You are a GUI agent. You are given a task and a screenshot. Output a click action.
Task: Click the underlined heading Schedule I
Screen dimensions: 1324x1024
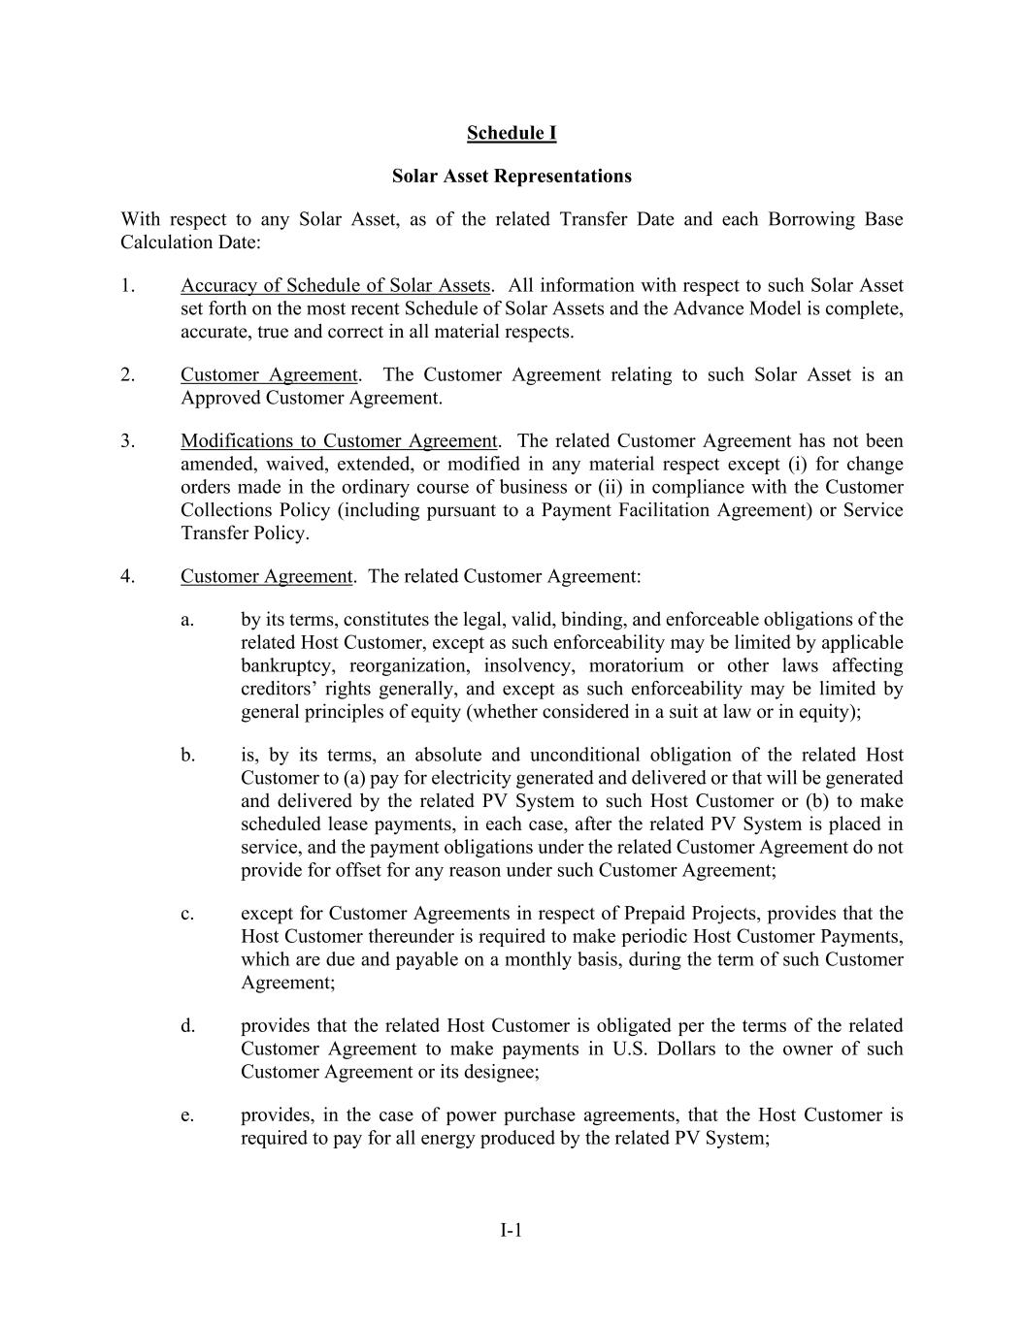click(x=512, y=133)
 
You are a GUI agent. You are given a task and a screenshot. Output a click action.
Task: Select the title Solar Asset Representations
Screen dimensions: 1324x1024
click(x=512, y=176)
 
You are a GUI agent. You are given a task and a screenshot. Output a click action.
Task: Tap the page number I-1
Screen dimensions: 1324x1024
click(x=512, y=1231)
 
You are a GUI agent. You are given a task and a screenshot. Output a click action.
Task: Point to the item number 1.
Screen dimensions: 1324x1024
click(x=127, y=285)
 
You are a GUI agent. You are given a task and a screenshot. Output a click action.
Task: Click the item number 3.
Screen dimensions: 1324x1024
click(x=127, y=441)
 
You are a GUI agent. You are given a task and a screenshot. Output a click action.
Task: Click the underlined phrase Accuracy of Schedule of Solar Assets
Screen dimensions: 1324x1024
click(x=335, y=285)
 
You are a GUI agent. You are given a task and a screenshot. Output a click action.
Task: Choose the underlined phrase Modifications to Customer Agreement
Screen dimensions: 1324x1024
click(x=339, y=441)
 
